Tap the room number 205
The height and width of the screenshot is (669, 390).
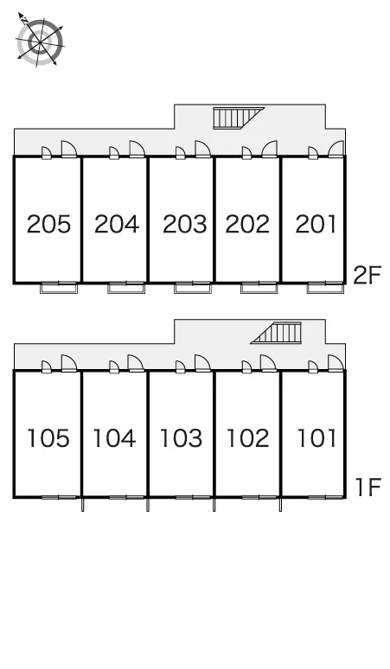coord(48,224)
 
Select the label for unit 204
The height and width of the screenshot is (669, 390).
coord(117,224)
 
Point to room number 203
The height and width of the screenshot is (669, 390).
coord(184,224)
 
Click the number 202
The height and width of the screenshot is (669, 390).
coord(247,224)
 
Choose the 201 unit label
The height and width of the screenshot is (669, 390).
coord(316,224)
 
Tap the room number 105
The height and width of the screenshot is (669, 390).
coord(48,438)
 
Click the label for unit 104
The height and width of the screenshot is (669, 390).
coord(114,438)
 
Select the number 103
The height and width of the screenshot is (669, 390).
coord(181,438)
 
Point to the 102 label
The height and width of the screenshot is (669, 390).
coord(248,438)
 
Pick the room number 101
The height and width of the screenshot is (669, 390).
coord(316,438)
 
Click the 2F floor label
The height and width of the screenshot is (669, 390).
coord(367,275)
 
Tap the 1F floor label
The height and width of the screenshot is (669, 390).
coord(368,487)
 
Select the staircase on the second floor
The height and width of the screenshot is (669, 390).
coord(234,118)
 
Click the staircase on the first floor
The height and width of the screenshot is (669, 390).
coord(279,333)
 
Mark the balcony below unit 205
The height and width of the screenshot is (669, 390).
coord(59,288)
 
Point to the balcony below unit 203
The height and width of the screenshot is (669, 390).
coord(193,288)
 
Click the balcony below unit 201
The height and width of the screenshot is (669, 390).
coord(325,288)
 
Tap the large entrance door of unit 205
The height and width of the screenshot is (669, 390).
coord(68,150)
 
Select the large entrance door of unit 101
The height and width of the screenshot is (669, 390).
coord(336,363)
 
